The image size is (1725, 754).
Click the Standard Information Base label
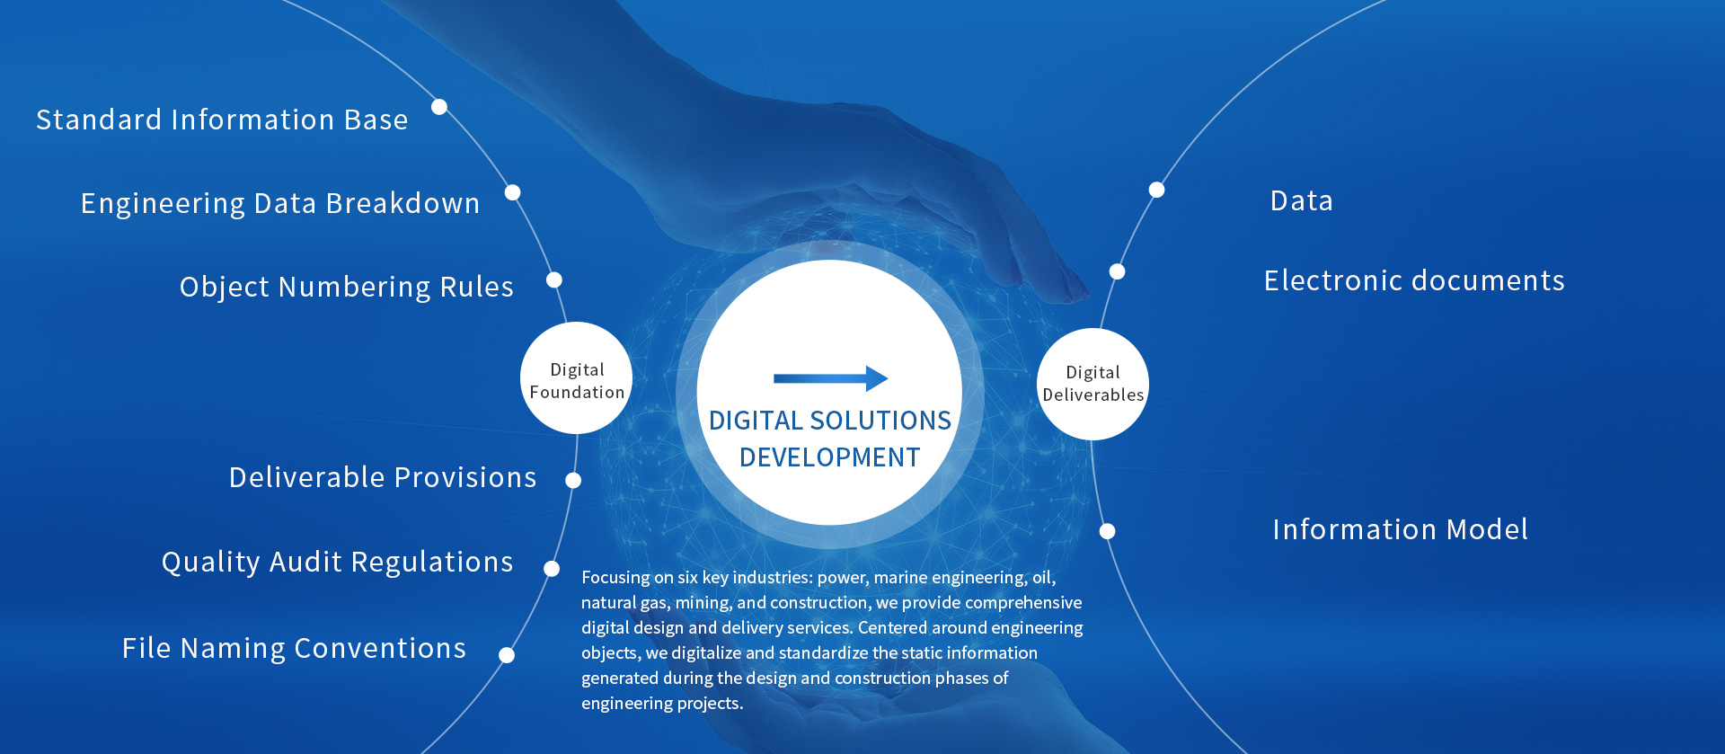point(222,120)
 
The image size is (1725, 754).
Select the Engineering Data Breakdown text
point(280,204)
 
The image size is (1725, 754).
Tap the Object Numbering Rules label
point(347,288)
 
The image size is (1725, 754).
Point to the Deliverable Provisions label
point(383,477)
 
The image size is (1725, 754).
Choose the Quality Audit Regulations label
point(337,563)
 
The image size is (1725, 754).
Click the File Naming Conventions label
point(294,648)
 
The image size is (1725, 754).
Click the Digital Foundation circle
point(577,378)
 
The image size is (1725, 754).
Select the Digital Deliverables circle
point(1092,384)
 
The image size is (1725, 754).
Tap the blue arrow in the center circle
point(830,378)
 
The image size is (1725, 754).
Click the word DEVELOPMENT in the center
point(830,457)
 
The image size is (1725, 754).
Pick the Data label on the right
point(1302,200)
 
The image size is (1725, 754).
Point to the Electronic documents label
point(1414,280)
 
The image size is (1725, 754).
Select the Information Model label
point(1400,529)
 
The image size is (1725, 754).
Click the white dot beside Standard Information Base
point(439,107)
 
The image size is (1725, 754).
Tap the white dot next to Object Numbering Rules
point(554,280)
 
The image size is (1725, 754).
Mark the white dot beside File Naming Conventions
point(507,655)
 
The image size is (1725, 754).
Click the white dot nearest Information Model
point(1108,531)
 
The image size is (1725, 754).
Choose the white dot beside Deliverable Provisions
point(573,481)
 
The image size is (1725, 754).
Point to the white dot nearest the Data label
point(1157,190)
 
